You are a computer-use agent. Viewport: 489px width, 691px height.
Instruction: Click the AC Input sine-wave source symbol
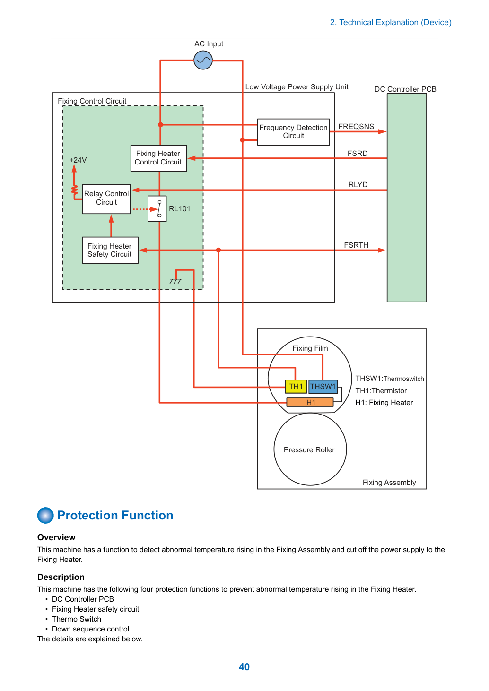point(203,60)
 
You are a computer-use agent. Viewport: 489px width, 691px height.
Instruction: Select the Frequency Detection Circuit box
point(293,132)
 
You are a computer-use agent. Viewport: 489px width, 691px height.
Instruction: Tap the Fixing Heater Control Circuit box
point(159,158)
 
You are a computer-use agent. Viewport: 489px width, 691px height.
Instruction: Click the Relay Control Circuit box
point(106,199)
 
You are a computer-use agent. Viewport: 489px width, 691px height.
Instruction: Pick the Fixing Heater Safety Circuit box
point(110,250)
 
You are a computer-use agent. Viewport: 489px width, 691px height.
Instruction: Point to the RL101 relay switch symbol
point(157,209)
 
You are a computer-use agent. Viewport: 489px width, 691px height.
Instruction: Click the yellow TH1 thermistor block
point(296,386)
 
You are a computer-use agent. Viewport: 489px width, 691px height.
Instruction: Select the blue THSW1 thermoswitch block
point(323,386)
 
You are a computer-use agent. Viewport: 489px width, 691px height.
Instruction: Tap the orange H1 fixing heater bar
point(310,402)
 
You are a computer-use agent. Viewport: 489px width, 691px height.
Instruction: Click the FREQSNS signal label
point(356,127)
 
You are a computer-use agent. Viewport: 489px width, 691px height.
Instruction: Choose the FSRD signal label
point(358,153)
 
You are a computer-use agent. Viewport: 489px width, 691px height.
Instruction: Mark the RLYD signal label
point(358,184)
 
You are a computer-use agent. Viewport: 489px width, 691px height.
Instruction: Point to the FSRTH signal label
point(356,245)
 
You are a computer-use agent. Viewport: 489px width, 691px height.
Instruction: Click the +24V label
point(78,160)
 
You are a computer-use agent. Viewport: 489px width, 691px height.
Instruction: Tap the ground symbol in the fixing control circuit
point(175,281)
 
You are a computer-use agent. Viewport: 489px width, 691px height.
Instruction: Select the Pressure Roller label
point(309,450)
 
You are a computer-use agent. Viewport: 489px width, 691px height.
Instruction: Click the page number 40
point(244,666)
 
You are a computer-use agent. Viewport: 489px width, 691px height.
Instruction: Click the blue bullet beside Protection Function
point(45,515)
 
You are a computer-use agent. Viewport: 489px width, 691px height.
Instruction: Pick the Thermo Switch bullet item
point(77,619)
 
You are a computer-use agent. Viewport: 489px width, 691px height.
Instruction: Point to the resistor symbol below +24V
point(74,190)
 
